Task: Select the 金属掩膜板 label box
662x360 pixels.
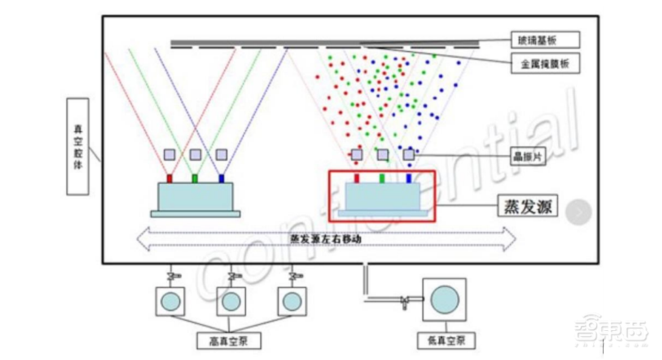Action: (545, 65)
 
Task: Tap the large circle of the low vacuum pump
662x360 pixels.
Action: (445, 298)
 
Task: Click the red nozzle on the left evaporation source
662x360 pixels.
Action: (170, 179)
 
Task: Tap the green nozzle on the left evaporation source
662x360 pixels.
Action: (195, 179)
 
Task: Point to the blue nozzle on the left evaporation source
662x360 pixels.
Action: (221, 179)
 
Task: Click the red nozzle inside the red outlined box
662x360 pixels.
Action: (357, 179)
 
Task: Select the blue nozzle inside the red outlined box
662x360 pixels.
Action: (408, 179)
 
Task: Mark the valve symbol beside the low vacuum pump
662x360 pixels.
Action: (406, 299)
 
